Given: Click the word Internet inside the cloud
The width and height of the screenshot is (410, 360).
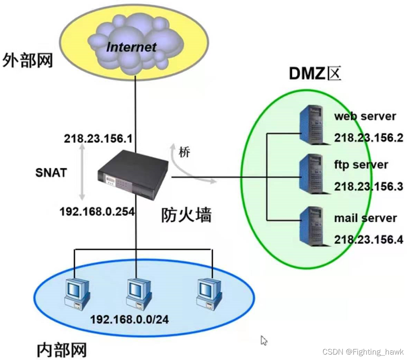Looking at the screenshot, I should click(x=131, y=46).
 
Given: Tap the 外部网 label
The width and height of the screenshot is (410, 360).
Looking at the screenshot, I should click(x=28, y=60).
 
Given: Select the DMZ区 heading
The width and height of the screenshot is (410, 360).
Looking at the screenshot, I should click(x=315, y=73).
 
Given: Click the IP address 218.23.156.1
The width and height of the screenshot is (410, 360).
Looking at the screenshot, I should click(x=98, y=139).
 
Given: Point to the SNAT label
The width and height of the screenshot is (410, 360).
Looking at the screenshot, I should click(x=51, y=172).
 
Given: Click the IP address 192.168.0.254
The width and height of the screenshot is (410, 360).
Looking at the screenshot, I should click(x=97, y=211).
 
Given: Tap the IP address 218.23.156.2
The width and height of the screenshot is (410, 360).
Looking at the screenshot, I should click(x=368, y=137).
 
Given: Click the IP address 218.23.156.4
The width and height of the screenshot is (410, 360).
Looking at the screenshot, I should click(x=368, y=240).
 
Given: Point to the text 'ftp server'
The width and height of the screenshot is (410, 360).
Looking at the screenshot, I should click(x=361, y=165).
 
